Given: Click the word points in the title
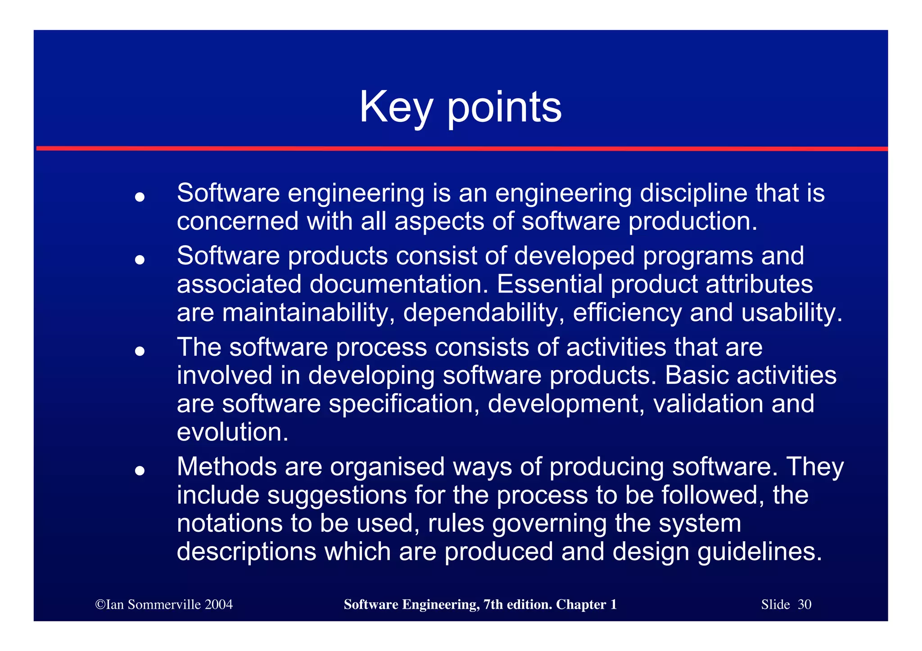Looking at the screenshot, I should (504, 108).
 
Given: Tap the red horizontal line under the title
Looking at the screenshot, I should (461, 148).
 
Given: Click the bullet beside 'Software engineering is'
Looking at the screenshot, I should (140, 197).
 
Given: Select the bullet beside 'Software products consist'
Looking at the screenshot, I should (140, 260).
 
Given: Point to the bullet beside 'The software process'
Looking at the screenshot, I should (140, 351).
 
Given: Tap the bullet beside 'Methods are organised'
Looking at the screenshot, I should (140, 471).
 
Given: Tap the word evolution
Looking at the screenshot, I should (232, 432).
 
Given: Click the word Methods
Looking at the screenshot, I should (226, 467).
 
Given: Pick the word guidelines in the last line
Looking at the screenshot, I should (759, 552).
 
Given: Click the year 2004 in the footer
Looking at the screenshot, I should (218, 605).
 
